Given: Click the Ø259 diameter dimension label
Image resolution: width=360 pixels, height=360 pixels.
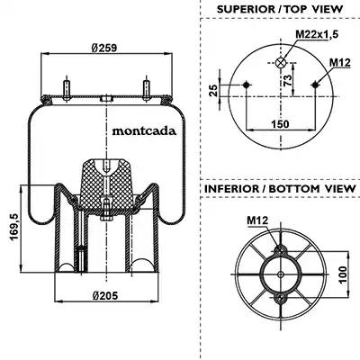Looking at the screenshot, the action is point(103,48).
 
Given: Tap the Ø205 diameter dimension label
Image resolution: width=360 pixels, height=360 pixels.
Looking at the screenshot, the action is point(105,296).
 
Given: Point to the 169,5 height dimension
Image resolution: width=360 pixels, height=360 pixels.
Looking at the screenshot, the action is point(14,227).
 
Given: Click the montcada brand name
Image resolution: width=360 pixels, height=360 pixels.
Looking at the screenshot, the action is point(144,131).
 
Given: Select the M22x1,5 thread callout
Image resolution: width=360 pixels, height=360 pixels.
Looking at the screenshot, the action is point(317,34).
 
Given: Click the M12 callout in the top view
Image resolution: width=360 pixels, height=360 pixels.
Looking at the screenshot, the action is point(340,63).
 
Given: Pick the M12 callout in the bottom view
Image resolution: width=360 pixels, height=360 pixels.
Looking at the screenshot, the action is point(257,220).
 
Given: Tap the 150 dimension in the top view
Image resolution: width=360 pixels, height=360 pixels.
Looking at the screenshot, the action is point(280,124).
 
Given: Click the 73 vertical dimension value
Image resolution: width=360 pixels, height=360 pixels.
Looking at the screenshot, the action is point(287,81).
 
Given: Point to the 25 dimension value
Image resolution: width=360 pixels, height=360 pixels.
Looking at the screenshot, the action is point(213,90).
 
